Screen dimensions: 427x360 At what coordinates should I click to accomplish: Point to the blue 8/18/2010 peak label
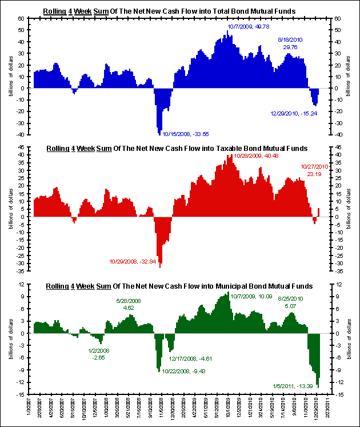pos(290,43)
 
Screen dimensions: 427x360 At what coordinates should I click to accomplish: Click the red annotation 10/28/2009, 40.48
pos(256,155)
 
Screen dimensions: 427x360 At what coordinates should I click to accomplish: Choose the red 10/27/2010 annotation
pos(314,170)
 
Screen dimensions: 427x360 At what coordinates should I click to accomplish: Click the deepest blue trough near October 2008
pos(159,134)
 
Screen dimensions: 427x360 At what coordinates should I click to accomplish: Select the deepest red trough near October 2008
pos(160,267)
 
